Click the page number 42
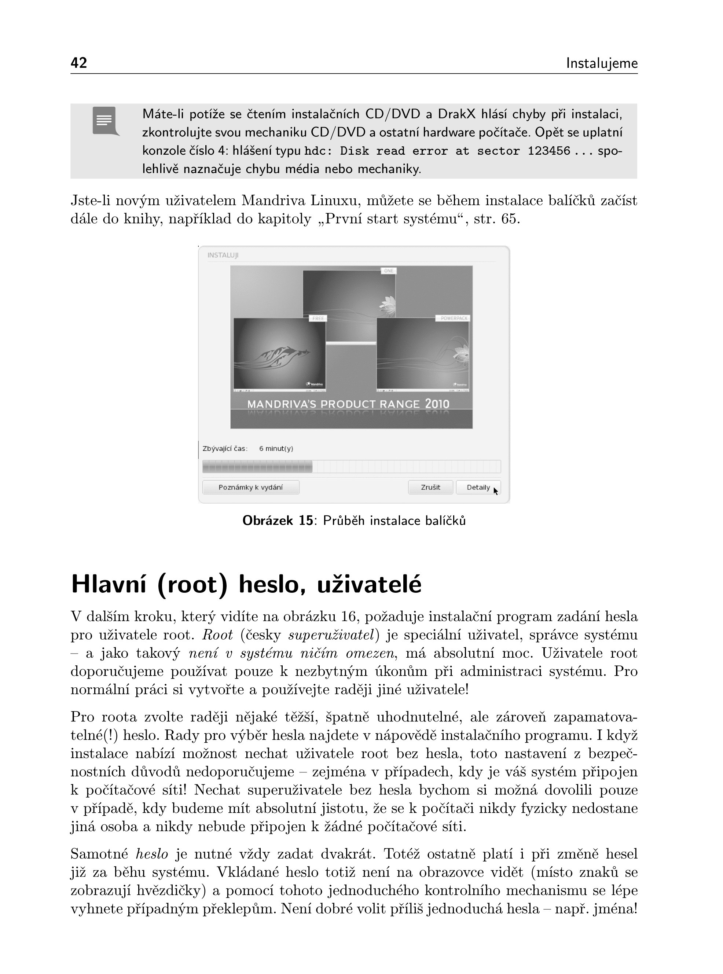point(79,63)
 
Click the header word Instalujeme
point(601,63)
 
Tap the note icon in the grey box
point(105,120)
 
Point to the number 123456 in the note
point(549,151)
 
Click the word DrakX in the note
point(456,114)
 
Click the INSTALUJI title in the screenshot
point(223,255)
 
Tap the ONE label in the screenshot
point(389,271)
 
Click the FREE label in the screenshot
point(318,319)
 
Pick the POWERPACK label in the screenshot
point(454,319)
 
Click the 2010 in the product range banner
point(437,404)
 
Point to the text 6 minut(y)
point(276,448)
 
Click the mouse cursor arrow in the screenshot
point(495,491)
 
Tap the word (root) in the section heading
point(192,585)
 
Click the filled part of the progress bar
point(257,466)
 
